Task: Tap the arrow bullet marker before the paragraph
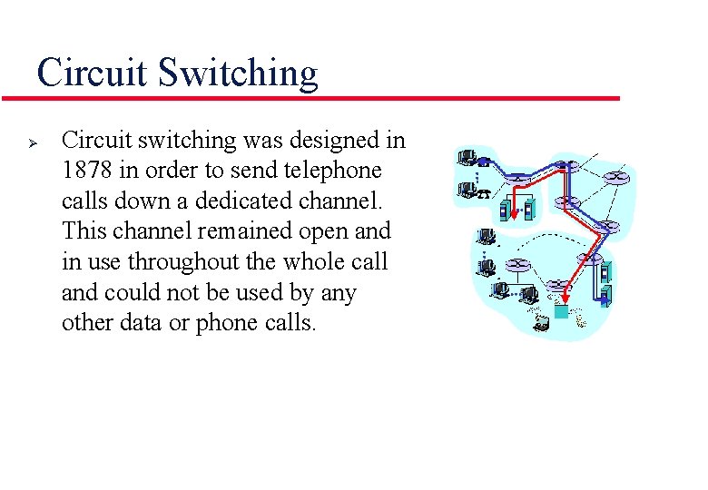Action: pos(30,142)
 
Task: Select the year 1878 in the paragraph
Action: pos(85,171)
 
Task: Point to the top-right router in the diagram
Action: pos(621,179)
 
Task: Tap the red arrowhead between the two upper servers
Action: pos(515,214)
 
